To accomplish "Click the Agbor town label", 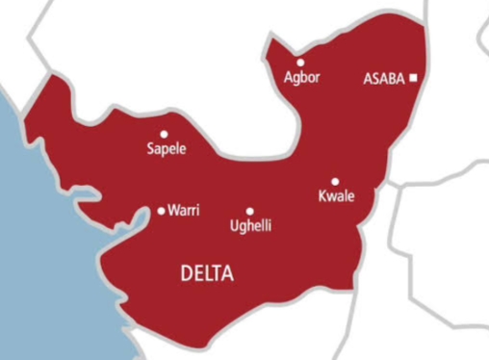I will coord(301,76).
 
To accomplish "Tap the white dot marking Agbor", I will coord(300,62).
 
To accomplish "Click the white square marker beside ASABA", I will coord(413,78).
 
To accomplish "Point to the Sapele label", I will coord(165,149).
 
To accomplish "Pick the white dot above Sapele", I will coord(164,135).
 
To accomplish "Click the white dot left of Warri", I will coord(161,211).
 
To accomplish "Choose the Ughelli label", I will coord(250,226).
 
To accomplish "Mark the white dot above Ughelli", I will coord(249,212).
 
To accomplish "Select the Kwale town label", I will coord(335,196).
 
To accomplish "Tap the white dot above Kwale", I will coord(335,181).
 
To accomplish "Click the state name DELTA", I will coord(207,275).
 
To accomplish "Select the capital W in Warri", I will coord(172,211).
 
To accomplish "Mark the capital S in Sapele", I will coord(149,149).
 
